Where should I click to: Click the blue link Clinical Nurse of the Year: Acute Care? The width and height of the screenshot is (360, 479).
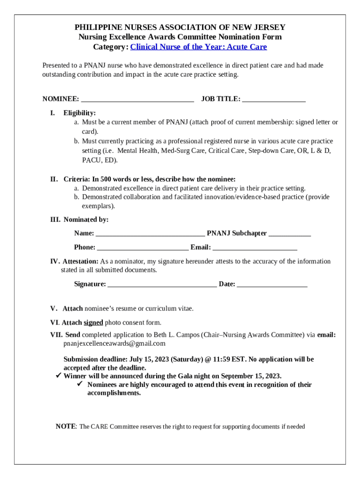(x=198, y=47)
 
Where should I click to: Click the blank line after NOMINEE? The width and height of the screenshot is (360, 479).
(x=137, y=100)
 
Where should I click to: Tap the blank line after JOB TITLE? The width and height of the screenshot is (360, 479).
(x=274, y=100)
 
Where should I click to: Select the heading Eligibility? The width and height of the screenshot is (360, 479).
(x=79, y=113)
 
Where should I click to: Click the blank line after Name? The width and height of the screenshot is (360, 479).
(x=150, y=234)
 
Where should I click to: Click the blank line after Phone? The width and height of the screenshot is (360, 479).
(x=143, y=248)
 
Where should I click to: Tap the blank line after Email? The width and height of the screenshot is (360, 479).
(x=255, y=248)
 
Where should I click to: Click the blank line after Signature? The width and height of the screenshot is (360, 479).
(x=162, y=284)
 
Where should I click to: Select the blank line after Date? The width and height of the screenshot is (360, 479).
(x=272, y=284)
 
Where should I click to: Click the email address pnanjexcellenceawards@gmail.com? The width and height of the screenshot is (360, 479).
(x=115, y=343)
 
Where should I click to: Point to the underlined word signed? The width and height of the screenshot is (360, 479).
(x=93, y=322)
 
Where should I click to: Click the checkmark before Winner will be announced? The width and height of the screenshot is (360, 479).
(x=58, y=376)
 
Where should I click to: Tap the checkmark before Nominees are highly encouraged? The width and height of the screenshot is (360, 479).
(x=80, y=385)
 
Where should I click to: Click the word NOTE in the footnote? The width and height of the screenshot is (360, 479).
(x=65, y=426)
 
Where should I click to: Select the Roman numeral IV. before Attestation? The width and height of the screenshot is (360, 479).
(x=55, y=261)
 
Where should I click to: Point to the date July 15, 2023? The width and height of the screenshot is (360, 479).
(x=148, y=359)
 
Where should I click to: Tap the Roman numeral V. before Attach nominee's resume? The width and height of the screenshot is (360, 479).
(x=54, y=308)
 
